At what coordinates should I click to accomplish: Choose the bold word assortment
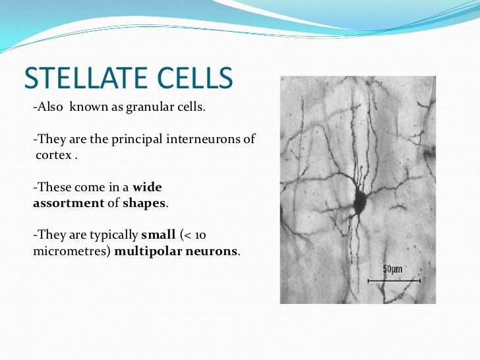69,203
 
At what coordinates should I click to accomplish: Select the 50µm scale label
392,269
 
